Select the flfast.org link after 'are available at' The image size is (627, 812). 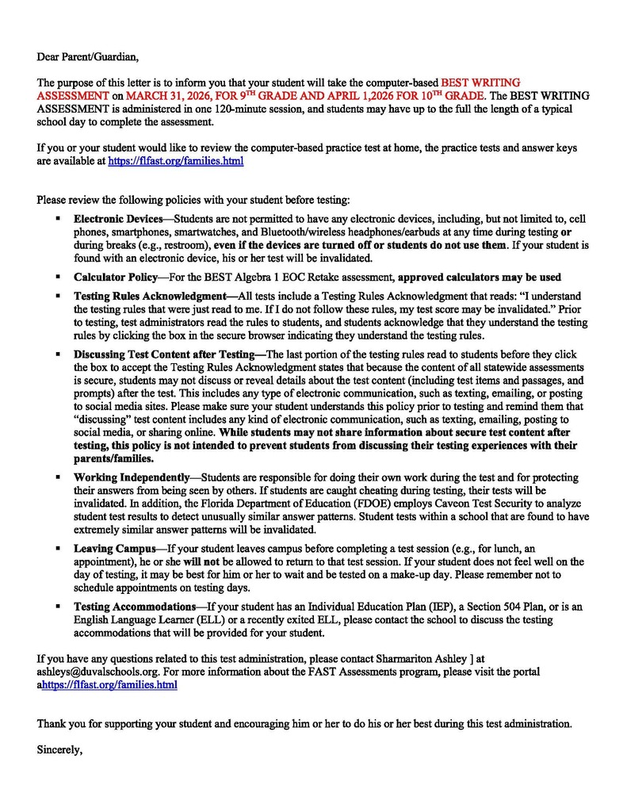tap(175, 161)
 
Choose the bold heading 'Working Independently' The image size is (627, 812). tap(131, 478)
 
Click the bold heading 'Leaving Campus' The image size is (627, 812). tap(114, 549)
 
